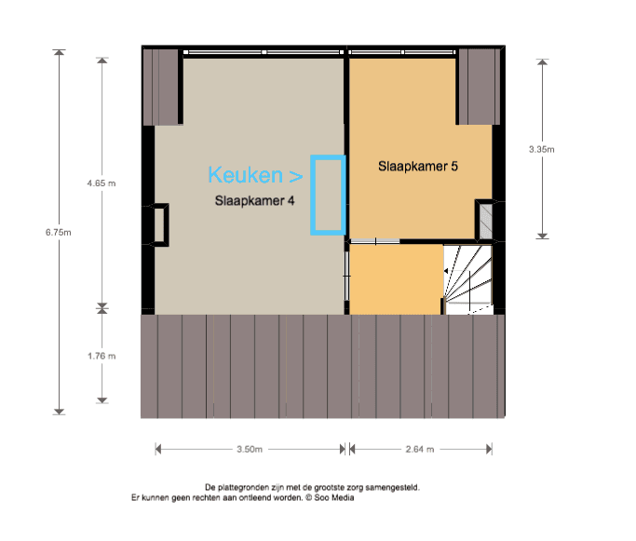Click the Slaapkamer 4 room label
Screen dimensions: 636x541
tap(254, 201)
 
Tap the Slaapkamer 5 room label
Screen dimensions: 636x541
tap(418, 167)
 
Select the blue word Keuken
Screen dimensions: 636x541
tap(246, 175)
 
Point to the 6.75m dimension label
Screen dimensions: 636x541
tap(58, 233)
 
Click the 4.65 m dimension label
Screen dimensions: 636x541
tap(101, 183)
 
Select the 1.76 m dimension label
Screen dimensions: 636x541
tap(101, 356)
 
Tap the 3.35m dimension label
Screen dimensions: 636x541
tap(542, 149)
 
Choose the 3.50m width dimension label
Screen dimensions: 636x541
tap(250, 450)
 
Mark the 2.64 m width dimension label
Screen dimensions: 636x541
tap(420, 450)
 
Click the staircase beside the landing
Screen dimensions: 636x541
tap(468, 279)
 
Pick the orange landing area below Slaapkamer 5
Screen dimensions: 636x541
tap(396, 279)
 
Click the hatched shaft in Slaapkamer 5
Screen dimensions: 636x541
tap(486, 222)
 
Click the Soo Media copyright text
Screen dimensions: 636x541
tap(330, 497)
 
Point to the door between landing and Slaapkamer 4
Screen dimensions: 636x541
tap(346, 276)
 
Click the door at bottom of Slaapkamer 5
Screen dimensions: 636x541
tap(375, 242)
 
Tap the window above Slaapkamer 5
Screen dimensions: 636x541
tap(402, 52)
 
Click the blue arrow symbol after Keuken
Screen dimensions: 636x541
tap(296, 176)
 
